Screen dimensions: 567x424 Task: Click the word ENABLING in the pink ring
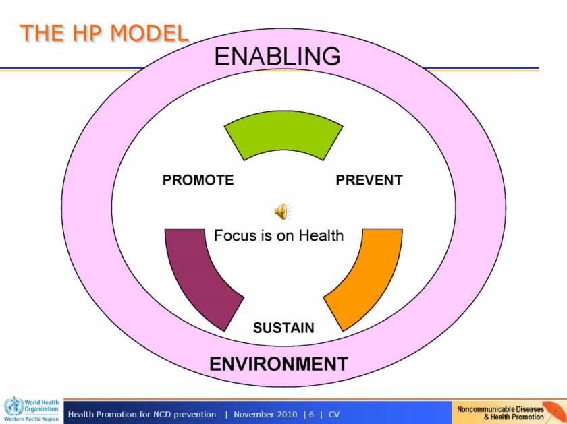[x=277, y=56]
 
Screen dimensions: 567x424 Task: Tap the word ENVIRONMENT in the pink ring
[x=279, y=364]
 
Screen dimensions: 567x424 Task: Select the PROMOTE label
[x=198, y=180]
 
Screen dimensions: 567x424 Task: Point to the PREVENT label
[x=369, y=180]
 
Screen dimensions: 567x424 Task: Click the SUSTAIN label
[x=283, y=328]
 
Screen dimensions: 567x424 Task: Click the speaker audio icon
[x=282, y=211]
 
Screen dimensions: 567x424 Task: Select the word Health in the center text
[x=321, y=235]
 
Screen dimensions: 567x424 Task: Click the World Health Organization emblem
[x=13, y=406]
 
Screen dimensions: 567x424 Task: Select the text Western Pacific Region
[x=31, y=419]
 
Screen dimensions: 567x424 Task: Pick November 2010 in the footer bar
[x=265, y=415]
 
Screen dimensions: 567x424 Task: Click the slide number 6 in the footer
[x=311, y=415]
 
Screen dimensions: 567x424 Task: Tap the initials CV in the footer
[x=334, y=415]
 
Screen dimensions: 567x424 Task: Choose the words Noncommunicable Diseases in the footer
[x=500, y=409]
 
